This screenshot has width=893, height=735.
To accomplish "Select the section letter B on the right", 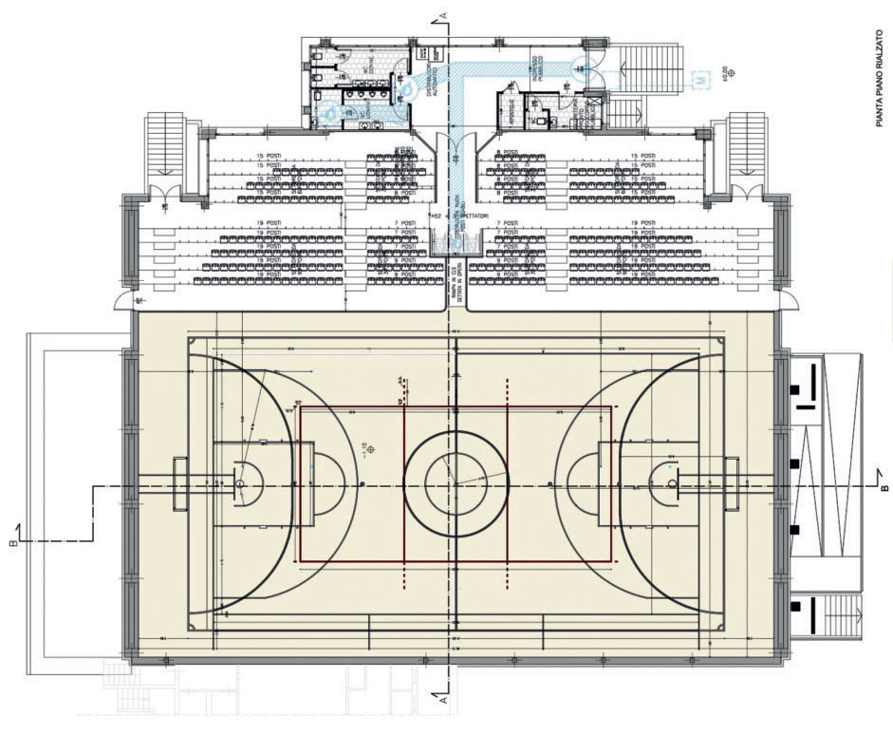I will pos(883,488).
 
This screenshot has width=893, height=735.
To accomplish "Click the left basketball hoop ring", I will pos(241,482).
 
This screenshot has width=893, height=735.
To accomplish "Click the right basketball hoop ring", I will pos(672,483).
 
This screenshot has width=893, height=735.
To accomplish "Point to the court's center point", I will pos(456,483).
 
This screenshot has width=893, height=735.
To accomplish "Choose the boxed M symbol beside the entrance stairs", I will pos(699,80).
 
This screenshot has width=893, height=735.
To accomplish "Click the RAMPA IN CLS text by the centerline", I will pos(452,285).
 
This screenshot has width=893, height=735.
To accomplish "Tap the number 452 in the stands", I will pos(436,217).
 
